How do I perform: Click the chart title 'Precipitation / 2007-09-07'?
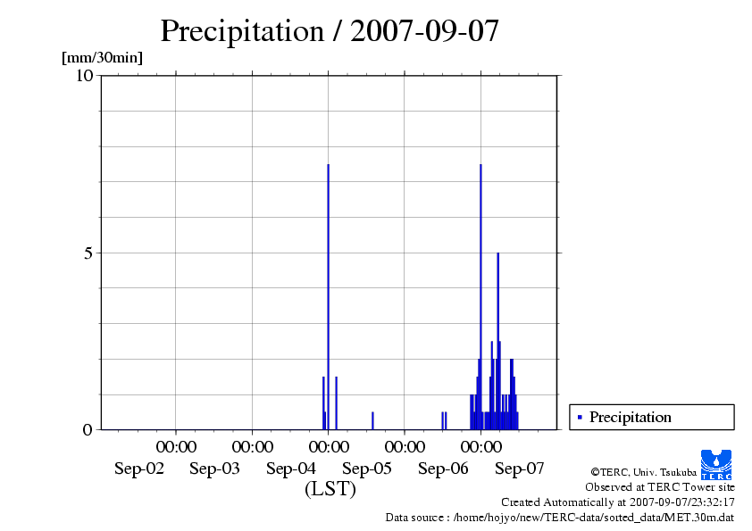click(x=330, y=31)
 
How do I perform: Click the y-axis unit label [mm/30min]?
click(x=102, y=58)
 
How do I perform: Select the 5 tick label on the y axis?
click(x=88, y=253)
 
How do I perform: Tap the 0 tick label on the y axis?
click(x=88, y=429)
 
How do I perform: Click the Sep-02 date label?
click(x=139, y=469)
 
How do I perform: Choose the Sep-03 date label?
click(x=214, y=469)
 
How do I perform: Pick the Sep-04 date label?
click(x=291, y=469)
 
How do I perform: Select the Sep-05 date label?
click(x=367, y=469)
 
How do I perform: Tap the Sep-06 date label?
click(x=443, y=469)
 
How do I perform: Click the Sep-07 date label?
click(x=520, y=469)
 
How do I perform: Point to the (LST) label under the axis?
click(x=330, y=489)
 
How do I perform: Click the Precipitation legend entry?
click(x=630, y=417)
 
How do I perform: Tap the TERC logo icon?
click(x=716, y=462)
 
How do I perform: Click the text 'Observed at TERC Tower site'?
click(x=659, y=487)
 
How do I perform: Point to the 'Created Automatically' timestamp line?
click(x=617, y=502)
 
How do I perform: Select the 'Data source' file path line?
click(x=560, y=517)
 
